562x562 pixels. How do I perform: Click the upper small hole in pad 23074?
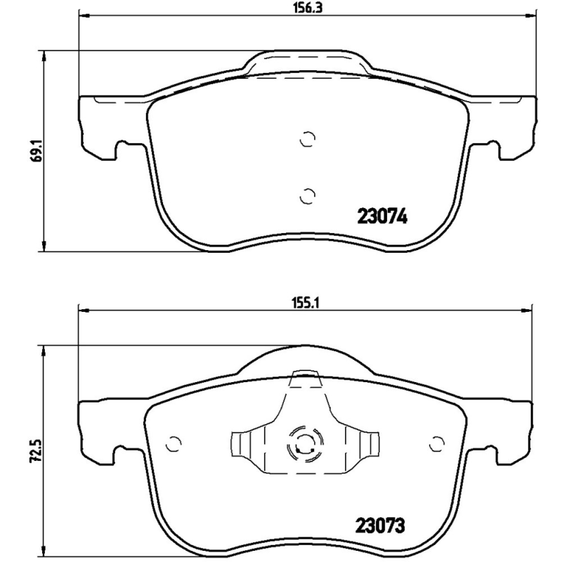pos(307,140)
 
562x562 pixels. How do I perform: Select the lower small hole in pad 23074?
pos(307,195)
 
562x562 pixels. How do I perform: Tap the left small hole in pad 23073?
pos(174,444)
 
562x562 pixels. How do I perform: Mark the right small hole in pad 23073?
pos(436,444)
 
